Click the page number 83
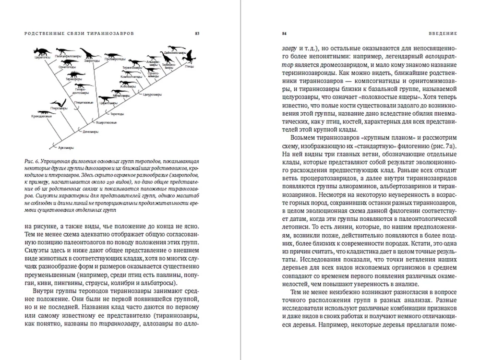(x=197, y=34)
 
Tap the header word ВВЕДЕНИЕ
(x=443, y=34)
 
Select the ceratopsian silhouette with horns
(x=42, y=51)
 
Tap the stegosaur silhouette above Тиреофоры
(x=76, y=74)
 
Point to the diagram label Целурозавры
(x=151, y=95)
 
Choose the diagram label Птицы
(x=189, y=66)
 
